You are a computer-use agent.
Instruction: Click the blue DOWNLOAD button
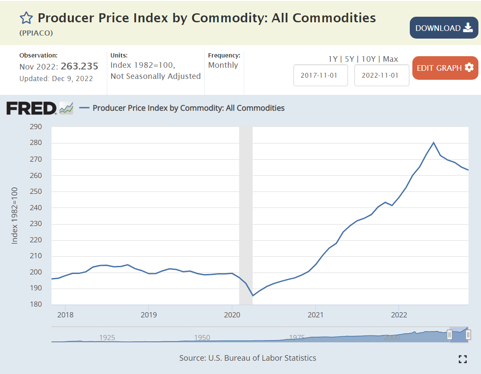coord(444,28)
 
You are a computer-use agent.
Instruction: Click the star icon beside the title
coord(26,18)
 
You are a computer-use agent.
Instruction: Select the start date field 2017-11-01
coord(321,75)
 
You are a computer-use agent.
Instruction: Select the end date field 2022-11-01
coord(381,75)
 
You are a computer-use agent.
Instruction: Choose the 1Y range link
coord(333,59)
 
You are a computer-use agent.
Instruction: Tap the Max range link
coord(390,59)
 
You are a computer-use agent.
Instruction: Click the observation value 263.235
coord(79,66)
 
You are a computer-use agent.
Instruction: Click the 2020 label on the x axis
coord(232,314)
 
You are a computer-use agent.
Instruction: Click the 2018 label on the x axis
coord(65,314)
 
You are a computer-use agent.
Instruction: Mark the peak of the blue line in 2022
coord(434,142)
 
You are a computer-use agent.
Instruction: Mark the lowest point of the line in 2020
coord(253,296)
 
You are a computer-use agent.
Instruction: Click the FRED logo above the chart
coord(31,108)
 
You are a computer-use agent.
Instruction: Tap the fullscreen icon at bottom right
coord(463,359)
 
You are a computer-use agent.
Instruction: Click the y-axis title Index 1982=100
coord(15,216)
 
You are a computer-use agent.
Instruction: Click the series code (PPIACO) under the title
coord(36,33)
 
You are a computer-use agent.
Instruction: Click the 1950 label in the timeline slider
coord(202,338)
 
